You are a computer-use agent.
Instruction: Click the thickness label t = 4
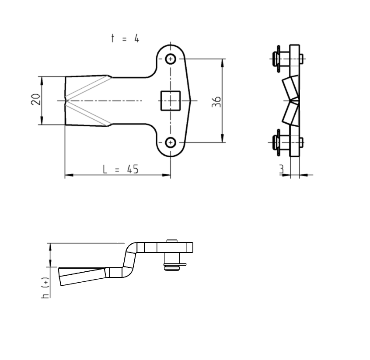click(125, 38)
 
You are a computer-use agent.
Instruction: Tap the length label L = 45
click(121, 169)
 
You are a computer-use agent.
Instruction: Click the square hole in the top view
click(171, 100)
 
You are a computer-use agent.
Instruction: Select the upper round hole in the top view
click(171, 59)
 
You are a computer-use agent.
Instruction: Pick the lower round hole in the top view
click(171, 142)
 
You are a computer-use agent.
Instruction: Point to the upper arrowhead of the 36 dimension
click(223, 62)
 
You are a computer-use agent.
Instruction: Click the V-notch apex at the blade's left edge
click(66, 100)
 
